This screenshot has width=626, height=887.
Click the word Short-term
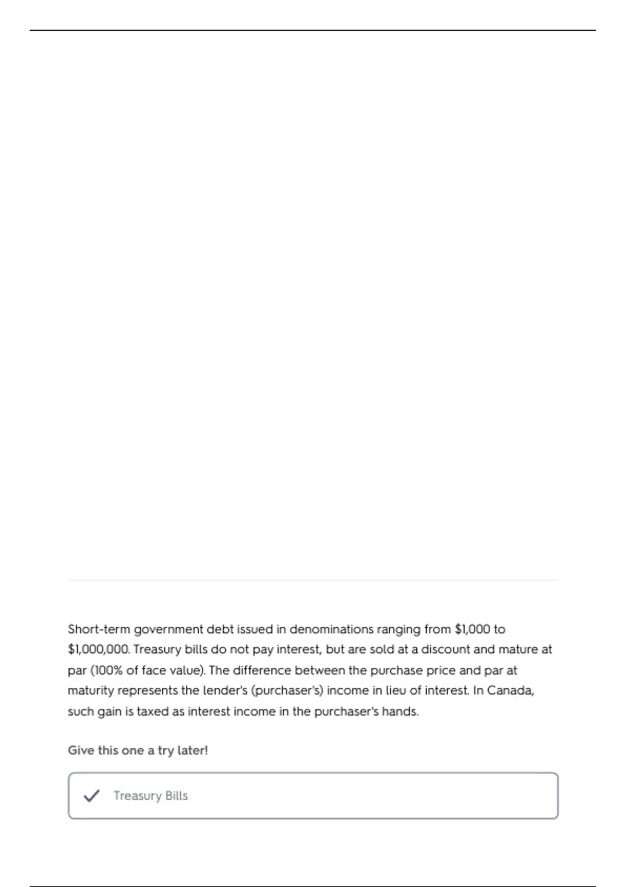(99, 629)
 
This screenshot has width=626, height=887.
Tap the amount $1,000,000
(98, 650)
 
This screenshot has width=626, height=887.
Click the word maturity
(91, 691)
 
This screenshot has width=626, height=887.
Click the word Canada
(510, 691)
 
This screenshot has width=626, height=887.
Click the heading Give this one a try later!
(138, 750)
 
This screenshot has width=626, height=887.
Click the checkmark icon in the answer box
(91, 796)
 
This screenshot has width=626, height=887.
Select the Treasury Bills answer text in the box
(151, 796)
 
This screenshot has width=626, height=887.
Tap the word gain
(109, 712)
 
